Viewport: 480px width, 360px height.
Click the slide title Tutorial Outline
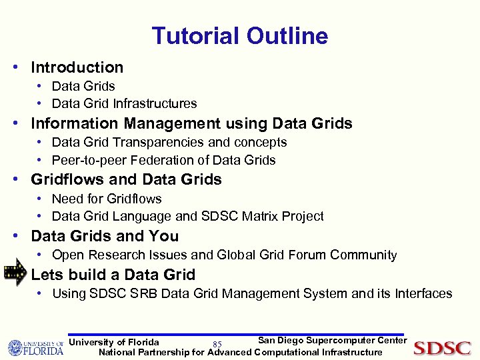tap(239, 35)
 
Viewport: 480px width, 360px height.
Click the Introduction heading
tap(77, 67)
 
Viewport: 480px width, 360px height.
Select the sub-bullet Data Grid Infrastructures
tap(124, 103)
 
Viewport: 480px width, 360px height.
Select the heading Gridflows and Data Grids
tap(126, 179)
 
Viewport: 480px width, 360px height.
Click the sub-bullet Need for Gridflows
tap(107, 199)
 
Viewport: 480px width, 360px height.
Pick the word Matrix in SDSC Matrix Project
tap(257, 216)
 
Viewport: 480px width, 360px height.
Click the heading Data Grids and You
tap(105, 236)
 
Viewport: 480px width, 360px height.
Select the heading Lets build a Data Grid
tap(113, 275)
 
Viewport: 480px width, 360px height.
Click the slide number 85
tap(217, 345)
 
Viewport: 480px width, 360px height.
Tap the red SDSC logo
tap(442, 347)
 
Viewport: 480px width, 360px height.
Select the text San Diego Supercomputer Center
tap(332, 341)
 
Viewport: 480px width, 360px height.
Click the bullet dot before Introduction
tap(22, 68)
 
